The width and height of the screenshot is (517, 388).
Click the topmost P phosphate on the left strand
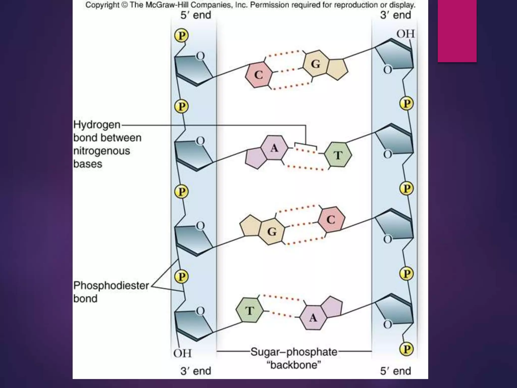(182, 36)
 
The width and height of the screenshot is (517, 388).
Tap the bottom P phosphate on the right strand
(406, 349)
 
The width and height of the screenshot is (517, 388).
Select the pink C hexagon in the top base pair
(259, 75)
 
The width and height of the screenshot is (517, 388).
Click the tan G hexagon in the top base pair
(316, 64)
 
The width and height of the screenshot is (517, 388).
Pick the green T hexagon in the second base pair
(338, 155)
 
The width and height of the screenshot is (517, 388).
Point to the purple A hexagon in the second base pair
(274, 148)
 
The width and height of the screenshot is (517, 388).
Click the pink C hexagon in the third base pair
(331, 220)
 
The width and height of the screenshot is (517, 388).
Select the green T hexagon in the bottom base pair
(249, 310)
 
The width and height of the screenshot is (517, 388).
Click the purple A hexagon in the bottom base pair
(313, 317)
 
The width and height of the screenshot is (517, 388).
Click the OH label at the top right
(405, 34)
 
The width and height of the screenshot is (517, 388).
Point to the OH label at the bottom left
(182, 353)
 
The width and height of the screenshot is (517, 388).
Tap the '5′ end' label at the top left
(196, 15)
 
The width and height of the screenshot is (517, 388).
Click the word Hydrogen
(97, 125)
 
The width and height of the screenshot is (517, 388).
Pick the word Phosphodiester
(111, 285)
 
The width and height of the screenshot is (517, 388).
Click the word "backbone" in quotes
(294, 365)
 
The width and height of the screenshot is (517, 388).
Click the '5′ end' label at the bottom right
(396, 371)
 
